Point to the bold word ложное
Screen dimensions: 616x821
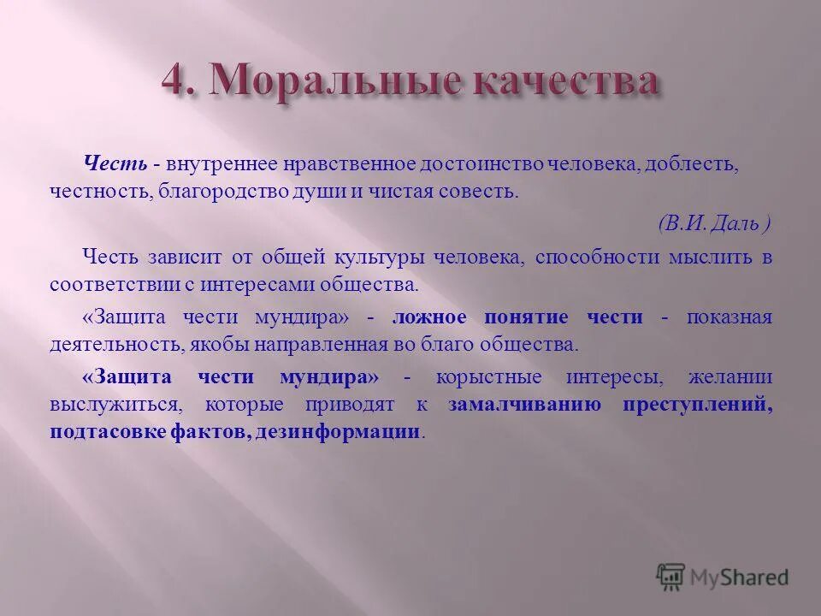[x=430, y=317]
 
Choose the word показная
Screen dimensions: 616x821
[x=729, y=317]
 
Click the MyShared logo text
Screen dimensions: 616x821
[x=739, y=577]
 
